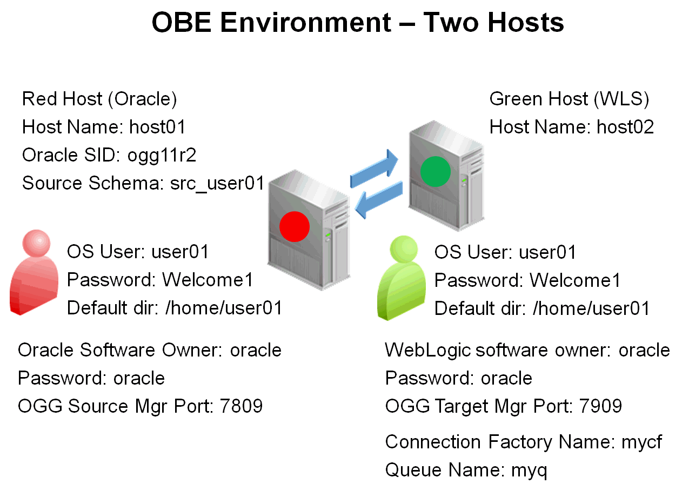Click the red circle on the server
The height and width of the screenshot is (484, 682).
(294, 226)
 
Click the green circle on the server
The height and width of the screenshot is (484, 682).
(435, 171)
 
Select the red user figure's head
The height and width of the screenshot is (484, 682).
(36, 245)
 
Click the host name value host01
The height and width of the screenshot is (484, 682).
(157, 127)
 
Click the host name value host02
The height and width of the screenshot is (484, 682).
(625, 127)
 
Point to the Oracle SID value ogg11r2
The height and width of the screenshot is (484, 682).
(162, 156)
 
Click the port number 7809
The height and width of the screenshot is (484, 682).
(242, 406)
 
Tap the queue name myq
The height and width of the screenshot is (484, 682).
(529, 470)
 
